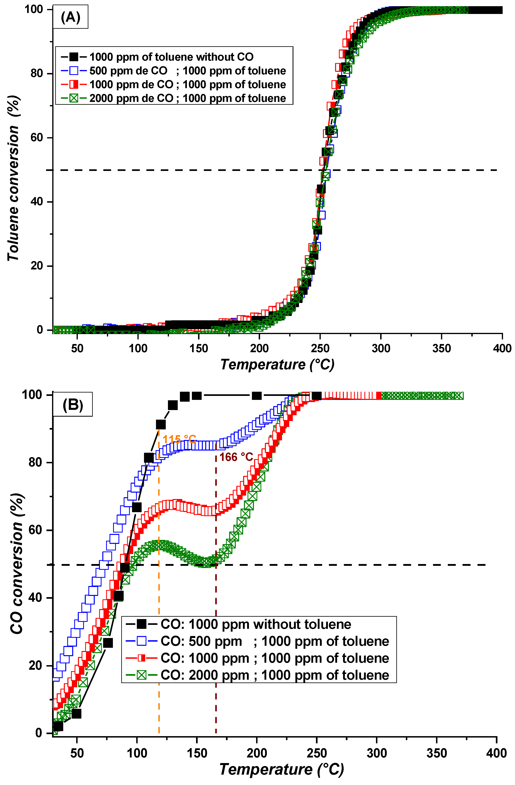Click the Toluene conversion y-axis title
14,178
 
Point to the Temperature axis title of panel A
277,364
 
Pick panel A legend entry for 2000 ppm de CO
188,98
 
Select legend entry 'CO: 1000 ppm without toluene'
256,624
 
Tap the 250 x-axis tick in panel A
320,348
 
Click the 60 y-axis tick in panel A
37,138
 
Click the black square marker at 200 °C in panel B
257,395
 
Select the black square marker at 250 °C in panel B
316,395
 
